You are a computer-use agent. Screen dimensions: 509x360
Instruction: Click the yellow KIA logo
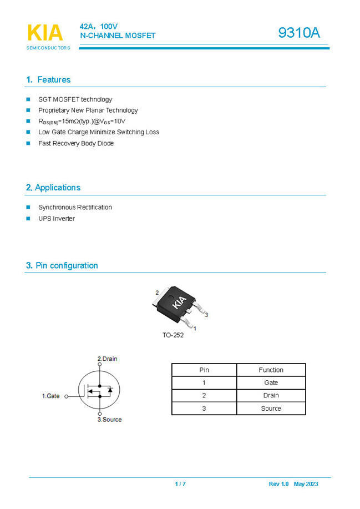45,33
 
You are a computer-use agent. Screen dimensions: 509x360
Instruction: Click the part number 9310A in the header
299,33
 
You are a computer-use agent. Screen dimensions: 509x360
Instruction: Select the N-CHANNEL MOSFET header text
118,36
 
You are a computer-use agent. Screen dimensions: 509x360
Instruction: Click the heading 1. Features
48,79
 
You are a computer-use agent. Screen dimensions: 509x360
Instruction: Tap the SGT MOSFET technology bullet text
75,99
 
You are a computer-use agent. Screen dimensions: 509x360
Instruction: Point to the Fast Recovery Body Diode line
76,143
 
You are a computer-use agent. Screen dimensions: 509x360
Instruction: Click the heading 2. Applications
53,188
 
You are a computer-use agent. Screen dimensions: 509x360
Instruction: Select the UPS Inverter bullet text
57,219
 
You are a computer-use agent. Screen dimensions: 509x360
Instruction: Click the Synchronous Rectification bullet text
75,208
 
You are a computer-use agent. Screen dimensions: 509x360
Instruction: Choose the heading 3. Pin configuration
62,265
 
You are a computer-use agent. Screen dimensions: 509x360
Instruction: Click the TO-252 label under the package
173,335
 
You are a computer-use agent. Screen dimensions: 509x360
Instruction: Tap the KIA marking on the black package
179,303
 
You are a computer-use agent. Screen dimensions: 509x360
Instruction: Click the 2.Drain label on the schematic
107,359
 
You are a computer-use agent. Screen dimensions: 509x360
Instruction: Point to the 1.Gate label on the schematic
51,396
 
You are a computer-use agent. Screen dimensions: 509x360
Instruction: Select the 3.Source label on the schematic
109,420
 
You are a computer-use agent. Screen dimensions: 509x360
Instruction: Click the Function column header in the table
271,370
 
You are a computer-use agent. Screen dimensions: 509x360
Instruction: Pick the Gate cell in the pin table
271,383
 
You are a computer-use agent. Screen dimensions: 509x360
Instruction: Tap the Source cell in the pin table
271,409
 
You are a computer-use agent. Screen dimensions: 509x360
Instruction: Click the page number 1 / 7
180,484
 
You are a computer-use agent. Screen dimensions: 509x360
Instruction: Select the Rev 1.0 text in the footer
278,484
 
